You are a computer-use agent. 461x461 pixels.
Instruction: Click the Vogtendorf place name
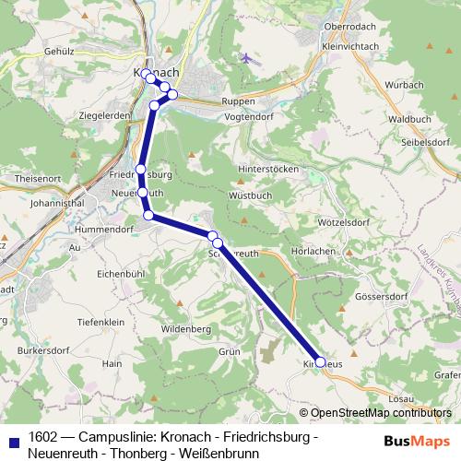point(248,118)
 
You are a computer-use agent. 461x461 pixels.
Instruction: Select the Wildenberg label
point(186,327)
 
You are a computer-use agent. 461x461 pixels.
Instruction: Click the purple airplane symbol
point(245,58)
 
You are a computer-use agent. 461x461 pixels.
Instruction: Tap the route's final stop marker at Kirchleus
point(320,362)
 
